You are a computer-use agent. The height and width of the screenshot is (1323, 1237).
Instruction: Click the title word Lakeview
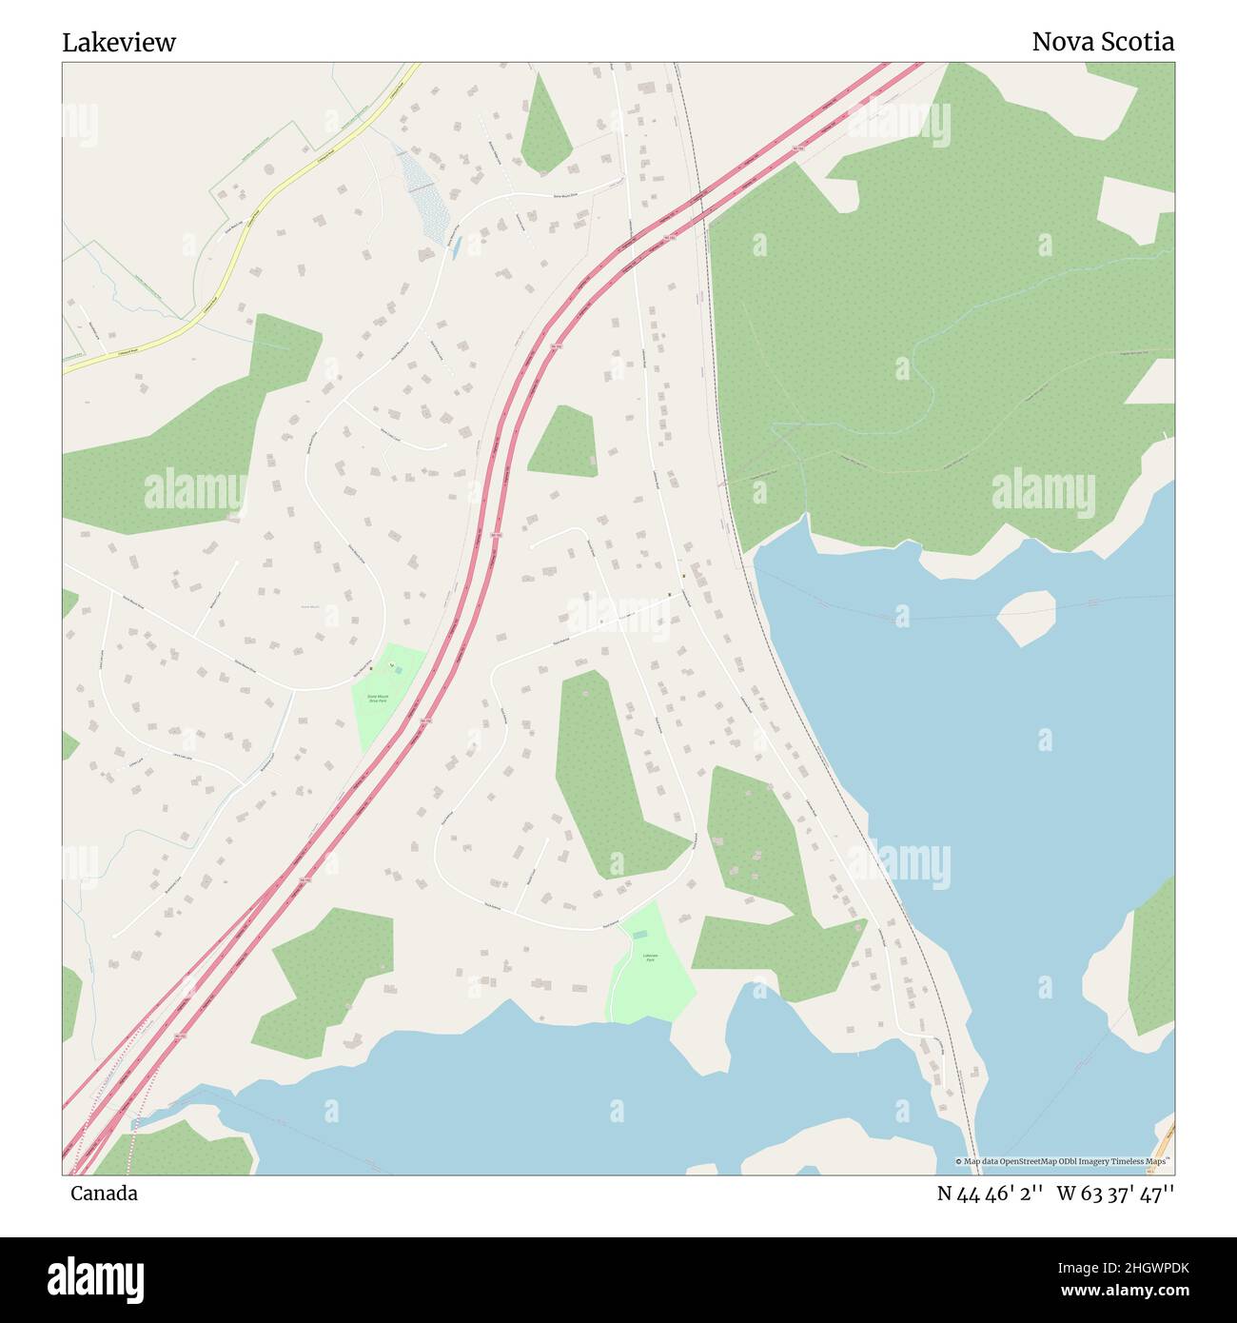[x=119, y=43]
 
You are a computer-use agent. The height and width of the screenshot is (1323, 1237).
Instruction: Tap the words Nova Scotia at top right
[x=1102, y=42]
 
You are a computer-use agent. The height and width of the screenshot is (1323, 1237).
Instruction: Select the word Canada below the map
[x=104, y=1194]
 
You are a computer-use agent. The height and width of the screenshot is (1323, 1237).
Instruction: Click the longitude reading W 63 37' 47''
[x=1115, y=1194]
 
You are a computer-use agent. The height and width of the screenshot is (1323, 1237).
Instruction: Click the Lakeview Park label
[x=650, y=958]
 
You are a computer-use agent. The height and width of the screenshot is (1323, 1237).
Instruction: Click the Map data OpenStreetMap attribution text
[x=1063, y=1161]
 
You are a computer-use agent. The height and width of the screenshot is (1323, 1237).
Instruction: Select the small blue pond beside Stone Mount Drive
[x=457, y=248]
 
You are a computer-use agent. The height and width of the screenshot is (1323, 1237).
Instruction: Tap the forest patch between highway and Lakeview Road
[x=563, y=443]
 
